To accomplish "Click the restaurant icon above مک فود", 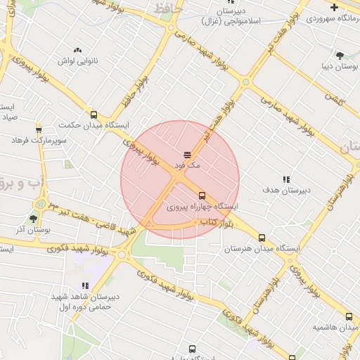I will click(x=187, y=153).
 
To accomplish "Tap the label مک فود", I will click(x=188, y=165).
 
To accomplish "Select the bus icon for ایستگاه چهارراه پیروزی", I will click(x=202, y=195).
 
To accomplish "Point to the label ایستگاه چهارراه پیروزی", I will click(x=202, y=207).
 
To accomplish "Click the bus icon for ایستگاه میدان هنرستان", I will click(x=262, y=238).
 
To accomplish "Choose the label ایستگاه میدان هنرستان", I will click(x=262, y=249).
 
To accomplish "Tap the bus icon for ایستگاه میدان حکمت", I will click(x=94, y=114).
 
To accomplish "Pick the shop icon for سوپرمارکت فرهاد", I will click(x=39, y=129).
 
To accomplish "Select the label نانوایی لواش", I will click(x=76, y=61).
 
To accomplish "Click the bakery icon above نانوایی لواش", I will click(x=77, y=50).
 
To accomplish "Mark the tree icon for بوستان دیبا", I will click(x=340, y=55).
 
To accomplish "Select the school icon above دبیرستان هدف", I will click(x=285, y=179).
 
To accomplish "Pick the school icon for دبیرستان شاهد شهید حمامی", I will click(x=85, y=285).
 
